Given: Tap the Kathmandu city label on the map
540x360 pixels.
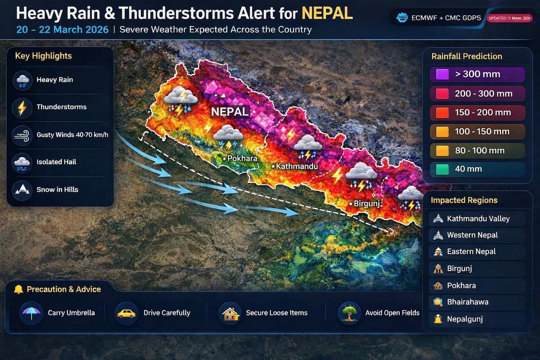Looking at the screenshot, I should tap(297, 166).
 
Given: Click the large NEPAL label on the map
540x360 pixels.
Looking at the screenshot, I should tap(230, 112).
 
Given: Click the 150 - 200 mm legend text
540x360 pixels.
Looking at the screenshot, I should tap(483, 112).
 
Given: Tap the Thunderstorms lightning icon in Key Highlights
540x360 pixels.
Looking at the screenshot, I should tap(22, 108).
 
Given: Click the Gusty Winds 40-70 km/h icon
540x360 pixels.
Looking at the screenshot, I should tap(22, 135).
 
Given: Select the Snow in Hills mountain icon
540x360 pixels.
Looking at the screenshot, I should tap(22, 189).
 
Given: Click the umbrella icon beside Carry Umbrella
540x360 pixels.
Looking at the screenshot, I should tap(31, 313).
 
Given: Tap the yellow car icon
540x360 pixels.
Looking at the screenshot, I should tap(126, 313).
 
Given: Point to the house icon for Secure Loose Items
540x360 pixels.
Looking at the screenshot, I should tap(229, 313).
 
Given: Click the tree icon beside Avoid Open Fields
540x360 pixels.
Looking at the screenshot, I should tap(349, 313).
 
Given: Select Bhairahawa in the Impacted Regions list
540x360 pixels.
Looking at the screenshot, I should tap(468, 302).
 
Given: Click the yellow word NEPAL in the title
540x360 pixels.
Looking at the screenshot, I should tap(327, 13).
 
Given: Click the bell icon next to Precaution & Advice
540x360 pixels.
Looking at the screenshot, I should tap(18, 289).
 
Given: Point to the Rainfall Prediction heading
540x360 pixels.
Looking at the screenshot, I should tap(467, 57).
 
